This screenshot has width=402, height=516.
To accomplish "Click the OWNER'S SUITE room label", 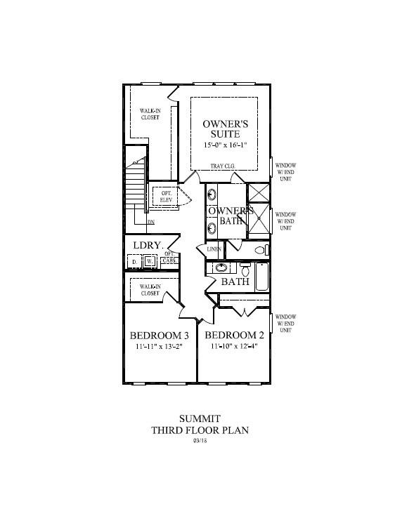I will coord(226,128).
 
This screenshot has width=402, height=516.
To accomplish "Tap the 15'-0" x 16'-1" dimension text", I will coord(226,145).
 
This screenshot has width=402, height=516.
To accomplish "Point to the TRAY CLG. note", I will coord(223,166).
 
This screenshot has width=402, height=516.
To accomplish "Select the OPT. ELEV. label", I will coord(167,197).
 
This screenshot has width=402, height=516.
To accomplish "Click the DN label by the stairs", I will coord(150,223).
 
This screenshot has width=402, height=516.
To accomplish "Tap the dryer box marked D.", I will coord(135,261).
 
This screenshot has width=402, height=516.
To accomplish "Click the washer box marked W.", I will coord(150,261).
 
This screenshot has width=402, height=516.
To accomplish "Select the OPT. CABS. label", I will coord(169,258).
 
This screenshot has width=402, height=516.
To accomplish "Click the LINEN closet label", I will coord(214,249).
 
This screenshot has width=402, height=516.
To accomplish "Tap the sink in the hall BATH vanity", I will coord(221,267).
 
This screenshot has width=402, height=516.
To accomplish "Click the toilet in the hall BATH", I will coord(245,268).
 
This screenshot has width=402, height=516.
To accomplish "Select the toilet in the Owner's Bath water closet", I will coord(261,249).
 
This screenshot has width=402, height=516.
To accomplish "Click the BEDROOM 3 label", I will coord(160,335).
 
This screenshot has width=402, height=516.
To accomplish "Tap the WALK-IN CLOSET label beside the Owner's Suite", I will coord(148,114).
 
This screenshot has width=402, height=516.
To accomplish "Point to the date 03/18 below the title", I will coord(200,441).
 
